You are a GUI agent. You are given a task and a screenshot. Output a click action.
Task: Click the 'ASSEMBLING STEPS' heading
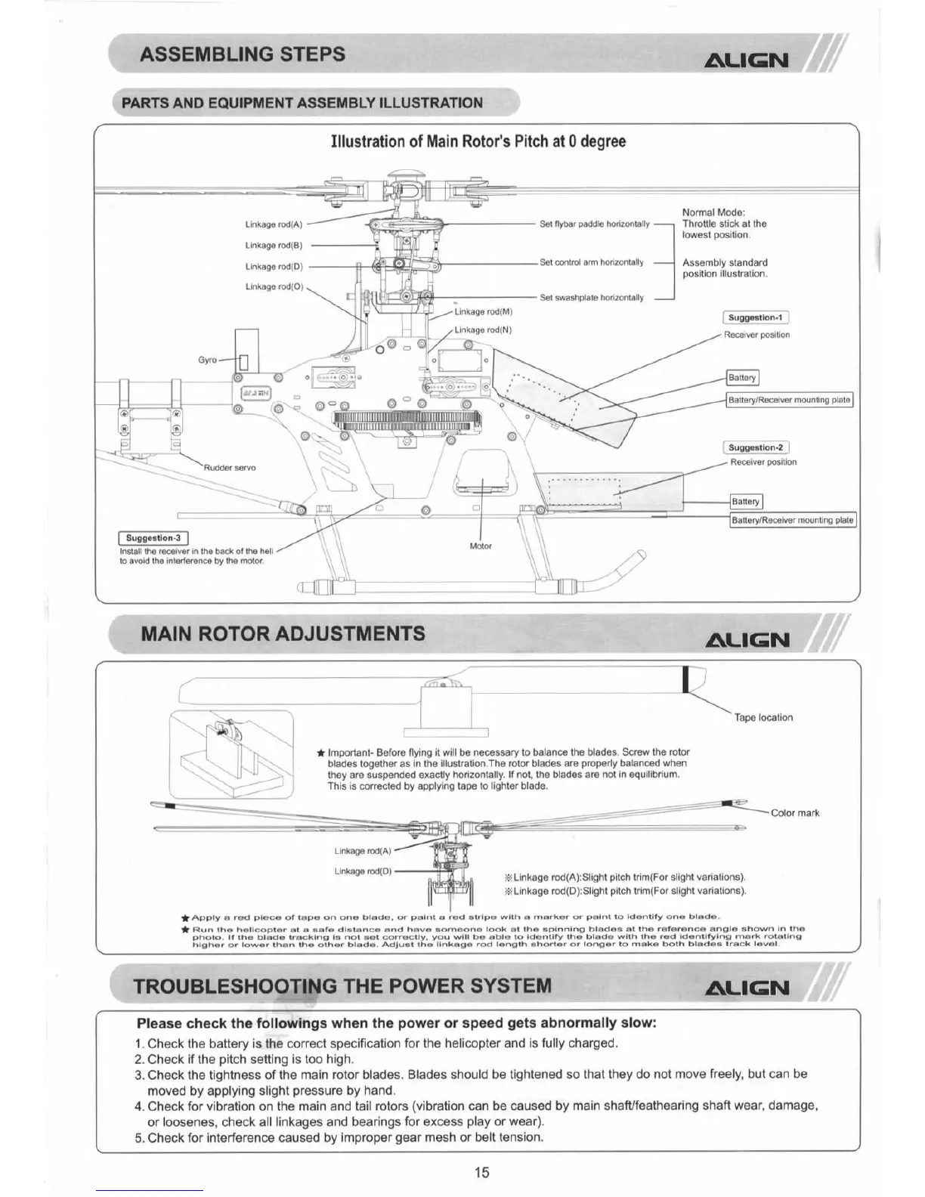242,54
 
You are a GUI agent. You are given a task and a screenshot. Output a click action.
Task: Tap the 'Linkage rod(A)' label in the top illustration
274,224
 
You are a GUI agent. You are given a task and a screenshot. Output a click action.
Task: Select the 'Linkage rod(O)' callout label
274,286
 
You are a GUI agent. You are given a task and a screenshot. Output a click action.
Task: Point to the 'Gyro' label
207,360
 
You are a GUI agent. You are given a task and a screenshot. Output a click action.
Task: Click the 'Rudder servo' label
230,468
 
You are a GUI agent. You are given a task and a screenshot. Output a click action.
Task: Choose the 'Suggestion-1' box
755,318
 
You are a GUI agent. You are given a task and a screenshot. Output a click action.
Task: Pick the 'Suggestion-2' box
755,447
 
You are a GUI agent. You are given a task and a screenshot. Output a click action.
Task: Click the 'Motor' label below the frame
481,546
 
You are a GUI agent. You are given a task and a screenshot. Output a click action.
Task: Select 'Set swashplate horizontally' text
592,298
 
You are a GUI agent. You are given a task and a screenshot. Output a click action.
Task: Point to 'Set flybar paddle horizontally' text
595,224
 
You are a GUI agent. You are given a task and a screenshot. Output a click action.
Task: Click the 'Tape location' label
763,717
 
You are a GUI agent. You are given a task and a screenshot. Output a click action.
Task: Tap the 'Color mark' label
795,813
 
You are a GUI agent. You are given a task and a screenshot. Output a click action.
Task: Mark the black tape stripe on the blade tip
685,679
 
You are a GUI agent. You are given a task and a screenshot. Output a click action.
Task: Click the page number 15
482,1172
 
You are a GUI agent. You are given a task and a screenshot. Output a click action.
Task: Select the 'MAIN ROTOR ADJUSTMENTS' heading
283,633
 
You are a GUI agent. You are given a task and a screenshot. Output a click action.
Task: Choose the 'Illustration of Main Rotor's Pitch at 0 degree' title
478,142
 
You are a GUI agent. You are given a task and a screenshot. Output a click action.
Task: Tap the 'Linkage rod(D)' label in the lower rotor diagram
363,871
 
